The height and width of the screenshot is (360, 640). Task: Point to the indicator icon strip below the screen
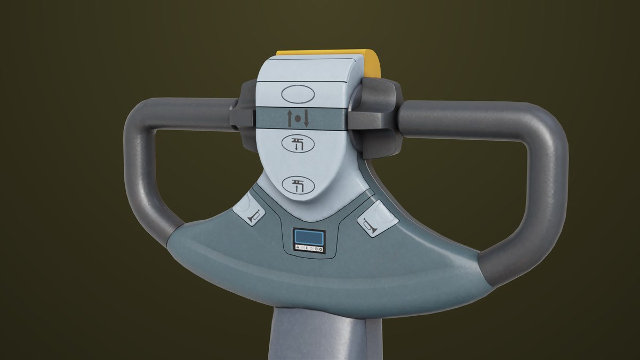(x=309, y=249)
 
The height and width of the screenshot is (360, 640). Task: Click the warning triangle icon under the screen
(x=297, y=249)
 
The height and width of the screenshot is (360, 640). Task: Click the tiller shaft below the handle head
(x=325, y=336)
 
